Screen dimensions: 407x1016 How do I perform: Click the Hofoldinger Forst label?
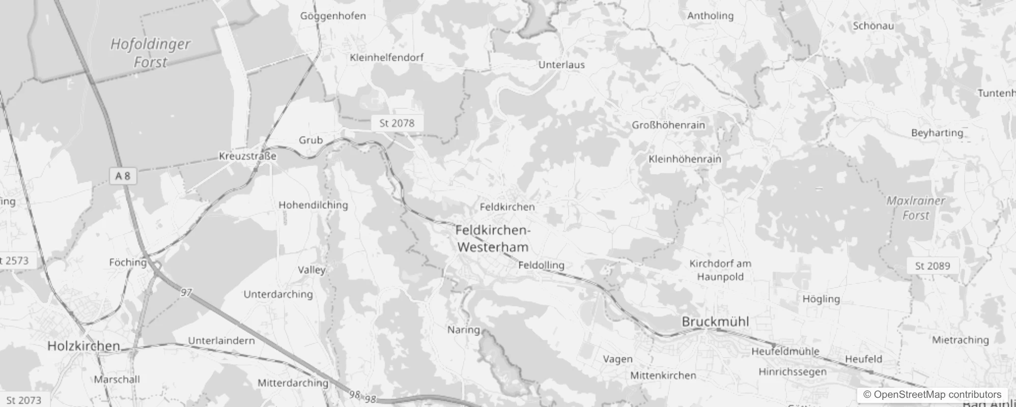click(150, 53)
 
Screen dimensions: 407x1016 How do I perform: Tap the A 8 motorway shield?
click(123, 176)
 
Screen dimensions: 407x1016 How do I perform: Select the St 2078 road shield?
click(397, 123)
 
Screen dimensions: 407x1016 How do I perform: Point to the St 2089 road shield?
click(932, 266)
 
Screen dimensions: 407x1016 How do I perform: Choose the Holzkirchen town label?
click(83, 346)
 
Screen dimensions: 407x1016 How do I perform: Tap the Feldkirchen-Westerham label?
click(492, 239)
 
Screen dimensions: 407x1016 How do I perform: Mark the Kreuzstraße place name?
click(247, 156)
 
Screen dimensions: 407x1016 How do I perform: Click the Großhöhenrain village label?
click(668, 125)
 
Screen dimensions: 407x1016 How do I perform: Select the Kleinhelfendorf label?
click(386, 57)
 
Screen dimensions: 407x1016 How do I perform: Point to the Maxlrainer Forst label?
click(915, 208)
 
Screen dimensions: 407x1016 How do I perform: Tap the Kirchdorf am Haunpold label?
click(720, 270)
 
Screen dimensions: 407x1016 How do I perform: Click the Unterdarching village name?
click(278, 295)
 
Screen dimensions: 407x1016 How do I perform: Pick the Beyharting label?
click(937, 133)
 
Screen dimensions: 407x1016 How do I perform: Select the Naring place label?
click(463, 330)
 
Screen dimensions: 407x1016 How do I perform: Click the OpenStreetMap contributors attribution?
click(932, 394)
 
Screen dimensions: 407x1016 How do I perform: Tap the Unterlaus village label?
click(561, 65)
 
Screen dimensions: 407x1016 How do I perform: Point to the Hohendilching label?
click(313, 205)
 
